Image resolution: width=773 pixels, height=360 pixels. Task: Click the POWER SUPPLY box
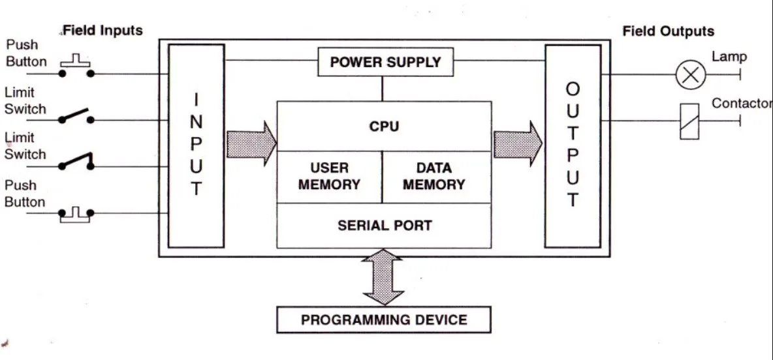coord(385,62)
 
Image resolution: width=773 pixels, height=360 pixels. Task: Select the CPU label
coord(384,127)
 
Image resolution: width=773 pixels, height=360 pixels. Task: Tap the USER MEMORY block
coord(329,177)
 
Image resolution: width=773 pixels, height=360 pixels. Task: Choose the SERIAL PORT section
coord(384,226)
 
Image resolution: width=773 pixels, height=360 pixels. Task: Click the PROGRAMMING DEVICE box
coord(384,320)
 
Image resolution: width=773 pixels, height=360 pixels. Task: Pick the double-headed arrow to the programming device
coord(383,277)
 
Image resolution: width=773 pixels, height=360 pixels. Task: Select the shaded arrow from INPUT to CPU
coord(251,143)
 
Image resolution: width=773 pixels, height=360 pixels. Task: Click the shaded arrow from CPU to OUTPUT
coord(518,143)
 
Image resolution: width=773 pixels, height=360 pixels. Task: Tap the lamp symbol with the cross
coord(690,74)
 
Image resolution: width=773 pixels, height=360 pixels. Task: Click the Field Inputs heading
coord(103,31)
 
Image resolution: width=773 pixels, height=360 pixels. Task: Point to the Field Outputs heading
coord(668,31)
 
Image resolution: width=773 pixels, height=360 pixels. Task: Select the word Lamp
coord(729,57)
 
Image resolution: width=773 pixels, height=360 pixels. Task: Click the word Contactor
coord(742,104)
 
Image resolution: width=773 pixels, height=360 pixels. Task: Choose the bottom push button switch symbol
coord(76,214)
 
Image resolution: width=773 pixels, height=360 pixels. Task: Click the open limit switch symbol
coord(76,116)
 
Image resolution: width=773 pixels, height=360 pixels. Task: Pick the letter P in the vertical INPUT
coord(196,143)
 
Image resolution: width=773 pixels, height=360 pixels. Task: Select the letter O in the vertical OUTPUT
coord(573,89)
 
